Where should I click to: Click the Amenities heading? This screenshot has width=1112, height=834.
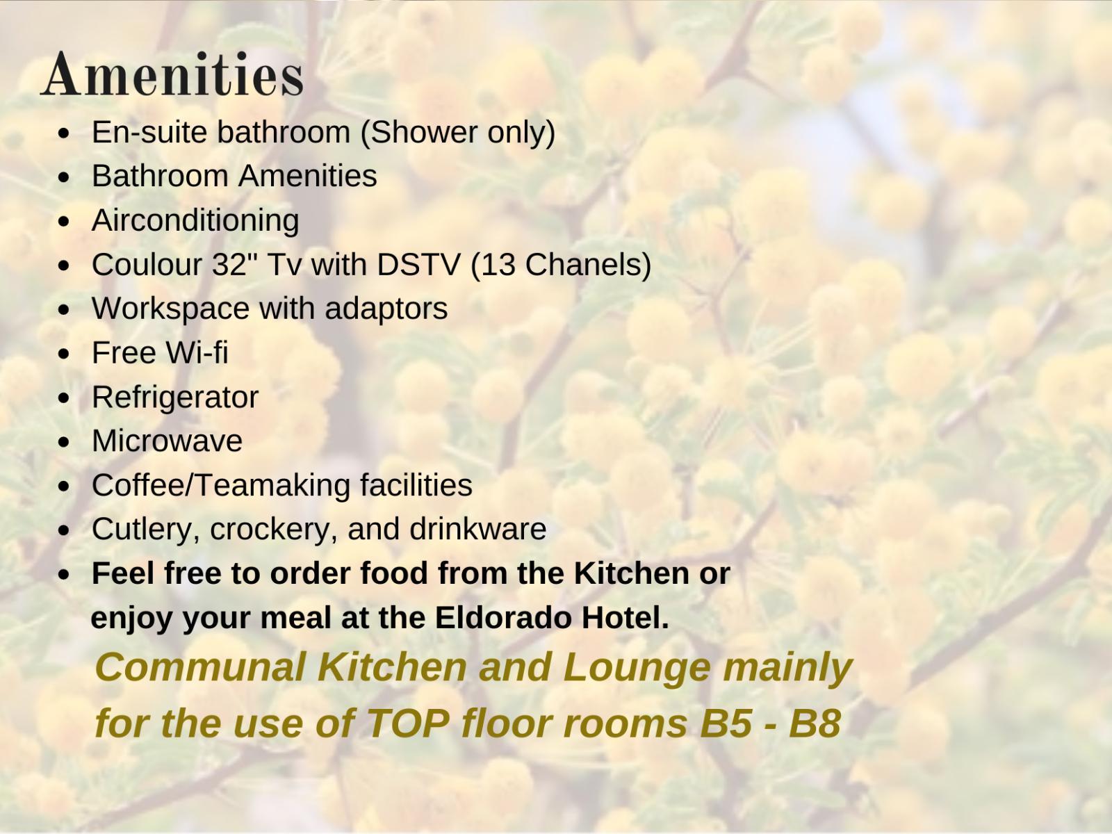[172, 74]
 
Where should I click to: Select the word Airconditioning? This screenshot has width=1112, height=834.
[195, 222]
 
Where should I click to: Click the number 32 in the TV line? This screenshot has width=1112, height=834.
[229, 264]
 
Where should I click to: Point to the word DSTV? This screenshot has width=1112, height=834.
[419, 264]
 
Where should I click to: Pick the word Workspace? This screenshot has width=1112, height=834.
[171, 309]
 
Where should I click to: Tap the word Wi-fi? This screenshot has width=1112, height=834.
[197, 352]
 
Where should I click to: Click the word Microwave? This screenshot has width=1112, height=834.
[167, 441]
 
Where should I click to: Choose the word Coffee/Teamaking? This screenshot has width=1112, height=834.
[221, 486]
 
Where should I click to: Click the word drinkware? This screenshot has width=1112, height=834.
[477, 529]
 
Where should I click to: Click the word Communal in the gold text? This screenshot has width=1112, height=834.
[201, 667]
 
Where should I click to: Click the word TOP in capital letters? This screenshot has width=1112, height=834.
[407, 723]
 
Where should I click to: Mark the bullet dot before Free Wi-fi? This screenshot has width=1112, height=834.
[63, 354]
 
